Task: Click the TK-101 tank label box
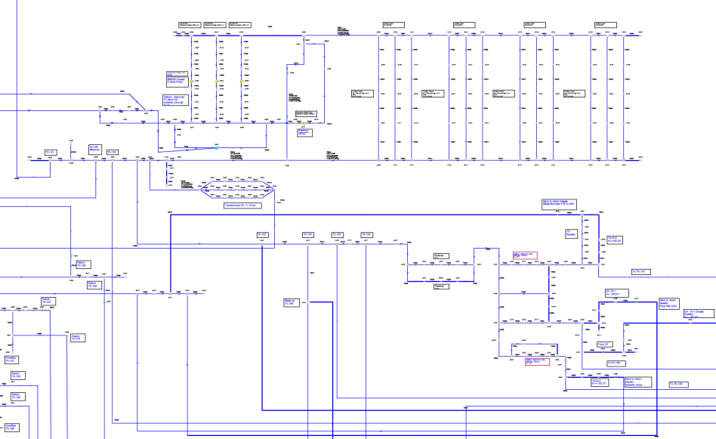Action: pos(51,153)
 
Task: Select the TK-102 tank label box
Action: pos(113,153)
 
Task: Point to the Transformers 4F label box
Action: pos(242,205)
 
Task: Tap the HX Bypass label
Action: pos(571,233)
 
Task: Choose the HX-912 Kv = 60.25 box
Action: pos(615,239)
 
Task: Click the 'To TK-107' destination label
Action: pos(640,271)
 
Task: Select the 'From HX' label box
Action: pos(603,344)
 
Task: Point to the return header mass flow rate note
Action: pos(559,202)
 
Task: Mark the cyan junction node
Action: pos(215,147)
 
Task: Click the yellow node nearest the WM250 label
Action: pos(192,81)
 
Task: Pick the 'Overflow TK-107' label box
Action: pos(11,360)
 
